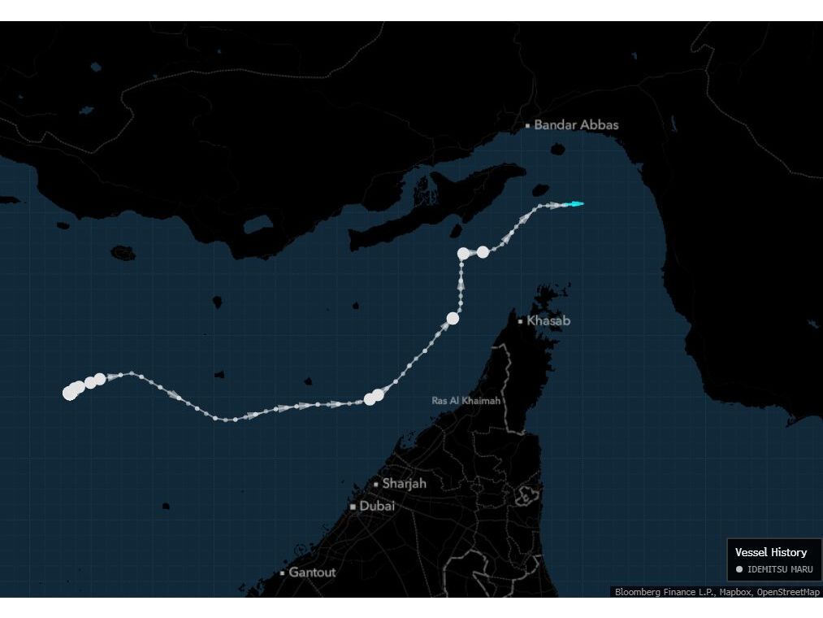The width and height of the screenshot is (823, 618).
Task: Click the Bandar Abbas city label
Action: pos(577,124)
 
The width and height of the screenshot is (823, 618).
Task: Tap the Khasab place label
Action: pos(548,320)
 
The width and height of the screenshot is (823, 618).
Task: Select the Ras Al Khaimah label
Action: pos(466,401)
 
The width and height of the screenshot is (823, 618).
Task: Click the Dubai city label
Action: pos(377,506)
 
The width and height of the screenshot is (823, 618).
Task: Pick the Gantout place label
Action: pos(312,572)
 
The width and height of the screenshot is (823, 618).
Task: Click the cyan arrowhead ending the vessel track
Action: pos(577,204)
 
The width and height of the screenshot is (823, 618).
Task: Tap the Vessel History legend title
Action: pos(771,552)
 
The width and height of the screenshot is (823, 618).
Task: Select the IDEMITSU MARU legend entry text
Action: pos(780,569)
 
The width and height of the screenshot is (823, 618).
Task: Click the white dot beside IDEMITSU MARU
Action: pos(739,569)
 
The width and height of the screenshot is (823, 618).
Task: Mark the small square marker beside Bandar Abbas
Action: pos(528,125)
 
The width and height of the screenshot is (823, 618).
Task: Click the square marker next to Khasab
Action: pos(521,321)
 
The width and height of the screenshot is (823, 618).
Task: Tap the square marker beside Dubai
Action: pos(353,507)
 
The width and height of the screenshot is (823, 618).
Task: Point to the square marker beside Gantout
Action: pos(282,573)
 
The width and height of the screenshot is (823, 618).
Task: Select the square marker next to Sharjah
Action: pos(375,484)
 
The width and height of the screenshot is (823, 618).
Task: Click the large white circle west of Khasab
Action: pos(453,319)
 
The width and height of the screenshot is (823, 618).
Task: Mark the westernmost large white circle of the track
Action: pos(69,394)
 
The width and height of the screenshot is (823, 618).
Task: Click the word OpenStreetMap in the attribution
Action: pos(788,592)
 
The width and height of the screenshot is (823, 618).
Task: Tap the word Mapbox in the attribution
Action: pos(735,592)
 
